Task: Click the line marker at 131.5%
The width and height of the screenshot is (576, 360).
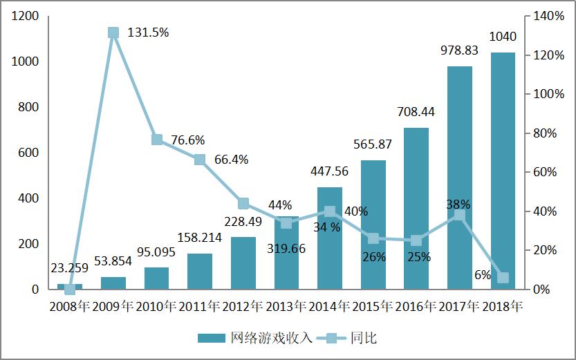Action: click(x=113, y=32)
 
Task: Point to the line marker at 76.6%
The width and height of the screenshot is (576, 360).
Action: click(x=157, y=140)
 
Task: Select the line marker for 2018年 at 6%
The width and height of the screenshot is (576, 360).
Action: click(x=503, y=278)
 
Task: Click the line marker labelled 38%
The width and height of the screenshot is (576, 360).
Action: click(x=459, y=216)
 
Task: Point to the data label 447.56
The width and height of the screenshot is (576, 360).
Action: click(x=330, y=171)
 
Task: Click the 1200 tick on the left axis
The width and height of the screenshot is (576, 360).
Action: click(x=25, y=16)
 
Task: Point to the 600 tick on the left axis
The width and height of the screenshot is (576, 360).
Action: click(x=28, y=153)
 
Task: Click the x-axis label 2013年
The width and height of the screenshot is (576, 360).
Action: click(x=286, y=306)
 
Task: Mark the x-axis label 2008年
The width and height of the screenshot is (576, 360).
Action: click(x=70, y=306)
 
